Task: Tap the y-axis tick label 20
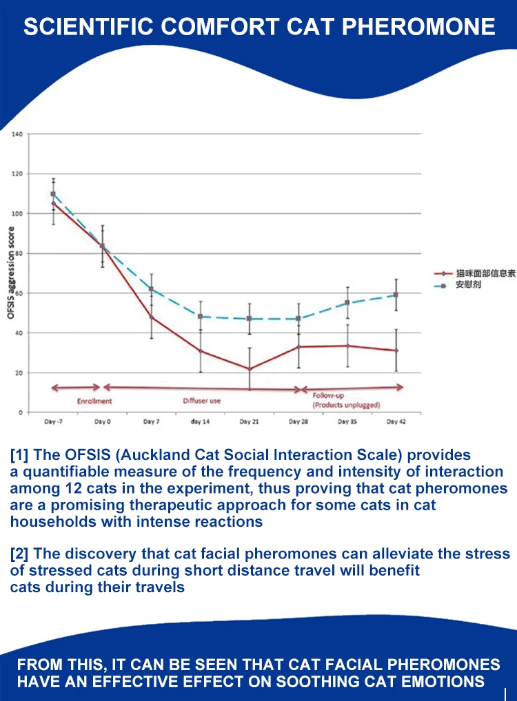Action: tap(20, 373)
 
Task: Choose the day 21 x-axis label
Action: tap(249, 421)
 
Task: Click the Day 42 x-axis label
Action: tap(396, 421)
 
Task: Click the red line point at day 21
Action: tap(249, 369)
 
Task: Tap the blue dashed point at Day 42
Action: tap(396, 295)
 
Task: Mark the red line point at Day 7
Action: tap(151, 317)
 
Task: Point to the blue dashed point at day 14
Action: tap(200, 317)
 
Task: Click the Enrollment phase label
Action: tap(94, 401)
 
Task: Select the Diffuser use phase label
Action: tap(201, 401)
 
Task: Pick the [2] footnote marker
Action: tap(19, 554)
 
